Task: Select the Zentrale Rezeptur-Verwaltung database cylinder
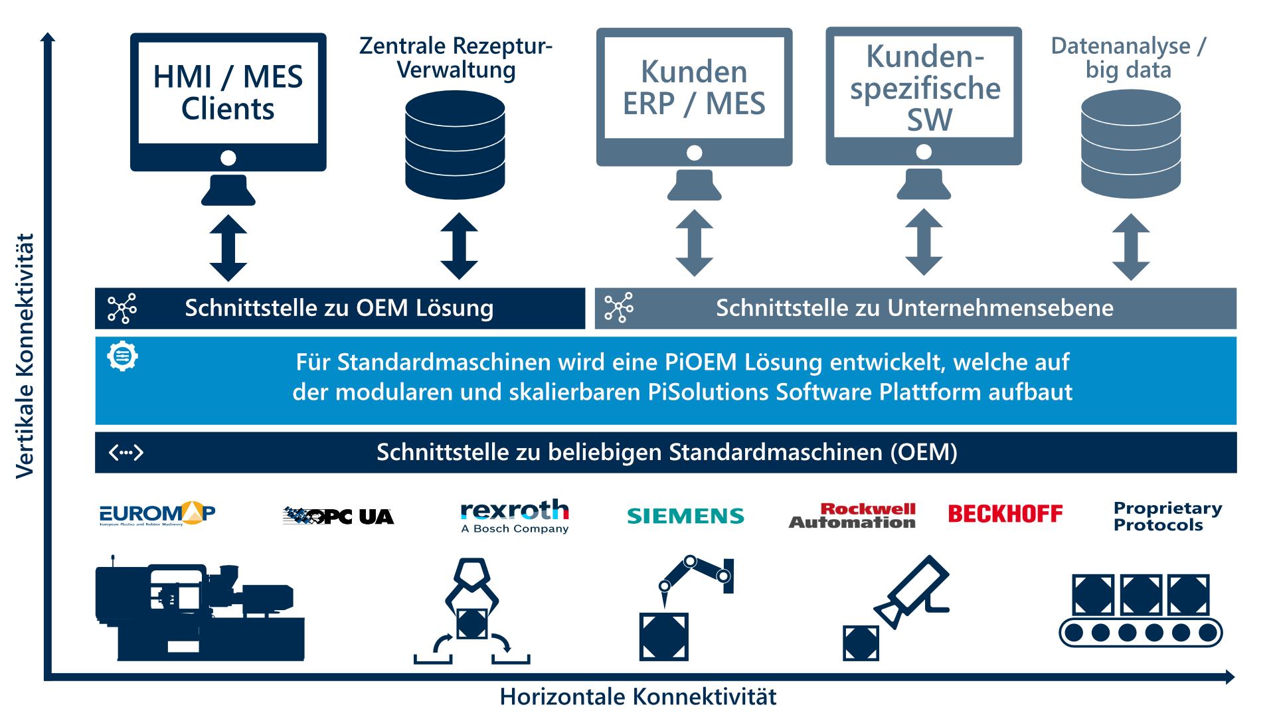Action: tap(455, 145)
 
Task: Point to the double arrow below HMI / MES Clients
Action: tap(228, 248)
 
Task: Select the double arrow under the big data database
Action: tap(1130, 246)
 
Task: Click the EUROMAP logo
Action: tap(157, 515)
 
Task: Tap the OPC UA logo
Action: tap(338, 516)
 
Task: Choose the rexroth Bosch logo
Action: tap(515, 517)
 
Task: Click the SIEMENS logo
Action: tap(685, 516)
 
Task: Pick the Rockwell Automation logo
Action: tap(852, 516)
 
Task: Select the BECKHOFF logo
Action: tap(1005, 514)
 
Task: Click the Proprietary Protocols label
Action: tap(1167, 517)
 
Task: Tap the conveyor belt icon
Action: tap(1140, 611)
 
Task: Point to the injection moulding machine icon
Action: tap(199, 607)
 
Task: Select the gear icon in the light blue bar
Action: tap(122, 357)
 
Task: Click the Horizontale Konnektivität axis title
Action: tap(637, 697)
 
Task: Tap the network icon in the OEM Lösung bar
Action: tap(122, 308)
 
